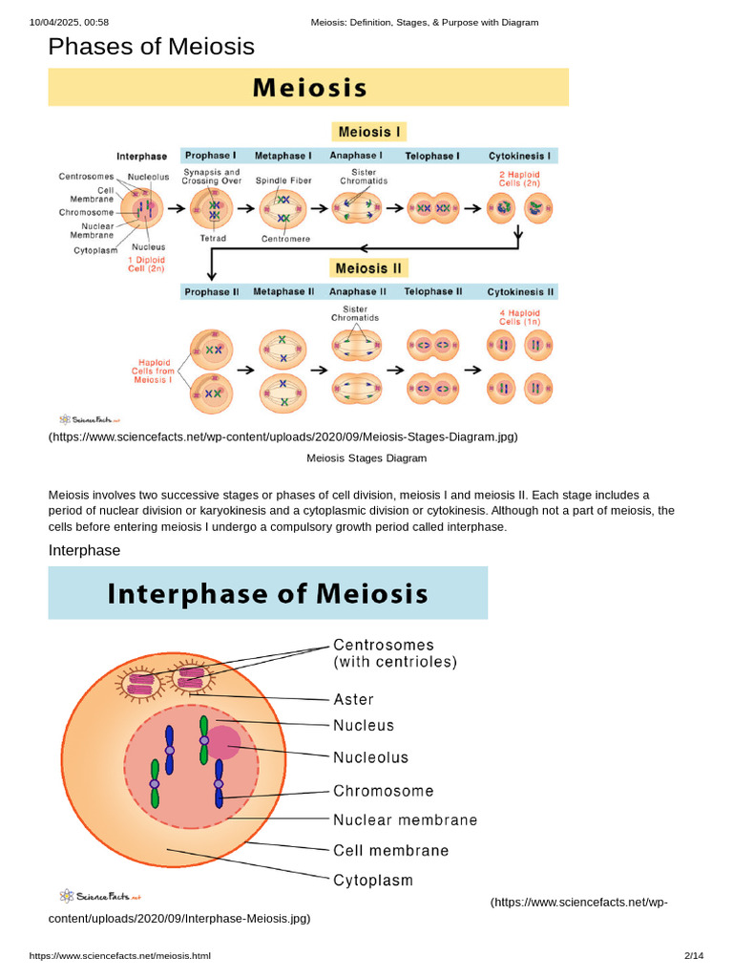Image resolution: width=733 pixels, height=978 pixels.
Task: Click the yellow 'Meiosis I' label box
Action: tap(368, 132)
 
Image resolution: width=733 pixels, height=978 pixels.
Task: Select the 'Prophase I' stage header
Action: tap(210, 156)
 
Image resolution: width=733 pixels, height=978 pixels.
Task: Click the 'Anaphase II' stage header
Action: tap(358, 292)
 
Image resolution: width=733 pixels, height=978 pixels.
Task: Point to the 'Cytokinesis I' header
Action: tap(521, 156)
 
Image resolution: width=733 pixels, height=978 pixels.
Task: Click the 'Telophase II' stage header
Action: tap(432, 292)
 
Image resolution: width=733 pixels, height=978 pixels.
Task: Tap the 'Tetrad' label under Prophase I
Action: tap(213, 238)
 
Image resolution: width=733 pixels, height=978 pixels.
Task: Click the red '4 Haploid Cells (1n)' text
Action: tap(519, 317)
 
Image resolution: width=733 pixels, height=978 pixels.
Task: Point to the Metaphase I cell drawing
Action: tap(283, 209)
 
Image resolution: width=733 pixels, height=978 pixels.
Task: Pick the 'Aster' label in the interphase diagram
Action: tap(353, 700)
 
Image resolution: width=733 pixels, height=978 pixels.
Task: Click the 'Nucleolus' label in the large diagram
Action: tap(370, 757)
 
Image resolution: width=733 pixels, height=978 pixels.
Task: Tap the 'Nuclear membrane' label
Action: tap(405, 819)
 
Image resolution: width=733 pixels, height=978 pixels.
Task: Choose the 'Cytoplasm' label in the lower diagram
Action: tap(372, 880)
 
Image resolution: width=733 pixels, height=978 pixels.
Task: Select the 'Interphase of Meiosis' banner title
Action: tap(267, 594)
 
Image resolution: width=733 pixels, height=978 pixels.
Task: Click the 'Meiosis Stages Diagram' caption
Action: tap(366, 458)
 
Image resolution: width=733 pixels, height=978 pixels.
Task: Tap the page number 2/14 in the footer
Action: tap(694, 956)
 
